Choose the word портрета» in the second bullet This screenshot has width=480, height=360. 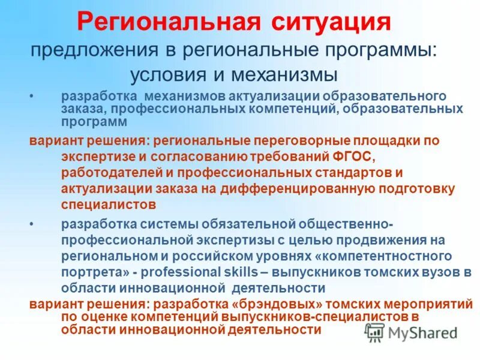(92, 272)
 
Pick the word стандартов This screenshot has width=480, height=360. (337, 173)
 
